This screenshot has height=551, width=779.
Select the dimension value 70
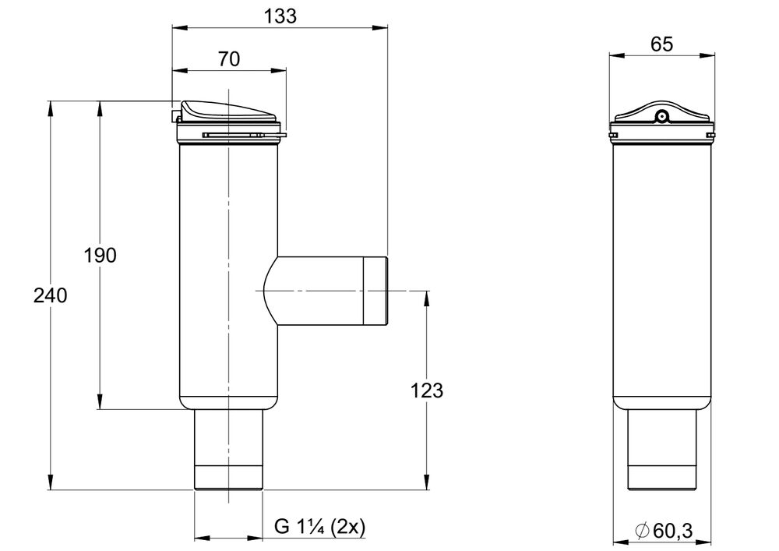tap(229, 58)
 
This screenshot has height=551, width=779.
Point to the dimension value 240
tap(51, 295)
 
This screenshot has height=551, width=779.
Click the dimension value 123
tap(427, 390)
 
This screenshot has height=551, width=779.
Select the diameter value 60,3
tap(671, 531)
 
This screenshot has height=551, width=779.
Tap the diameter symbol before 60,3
tap(642, 532)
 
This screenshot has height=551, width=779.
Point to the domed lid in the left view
tap(228, 112)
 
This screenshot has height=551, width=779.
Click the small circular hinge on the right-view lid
tap(661, 118)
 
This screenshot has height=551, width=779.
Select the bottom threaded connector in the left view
tap(229, 475)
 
